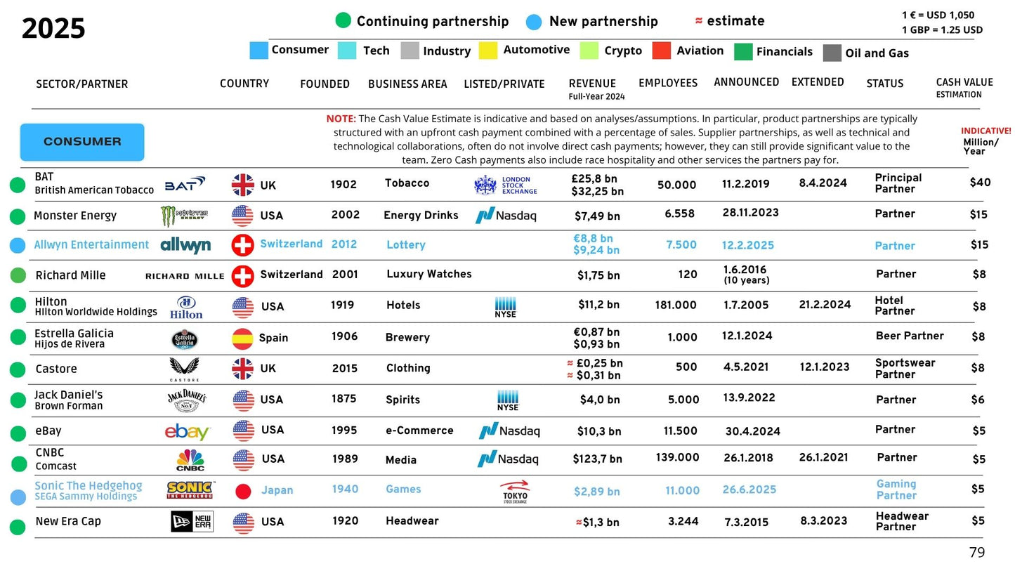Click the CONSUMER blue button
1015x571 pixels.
(x=82, y=142)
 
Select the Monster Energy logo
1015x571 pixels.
(x=184, y=216)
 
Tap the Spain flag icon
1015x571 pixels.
(x=242, y=339)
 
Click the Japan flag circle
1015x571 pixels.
(x=243, y=492)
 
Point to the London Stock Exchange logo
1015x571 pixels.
(x=506, y=185)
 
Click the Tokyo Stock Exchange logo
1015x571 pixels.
(x=515, y=492)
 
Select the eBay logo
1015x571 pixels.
(x=188, y=432)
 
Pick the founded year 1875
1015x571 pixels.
(x=344, y=399)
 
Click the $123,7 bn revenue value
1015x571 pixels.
(x=597, y=459)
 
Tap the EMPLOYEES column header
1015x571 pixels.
(x=668, y=83)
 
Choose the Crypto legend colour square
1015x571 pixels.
(x=589, y=51)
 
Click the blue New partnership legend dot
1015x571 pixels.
(x=534, y=22)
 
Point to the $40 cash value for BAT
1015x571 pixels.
(x=980, y=183)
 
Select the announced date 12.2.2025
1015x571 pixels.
(x=747, y=245)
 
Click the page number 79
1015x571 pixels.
(x=977, y=553)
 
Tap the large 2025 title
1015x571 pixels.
(x=53, y=29)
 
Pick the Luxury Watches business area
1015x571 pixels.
(x=429, y=274)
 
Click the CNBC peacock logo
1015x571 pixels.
(x=190, y=460)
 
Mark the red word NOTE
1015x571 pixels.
(x=341, y=119)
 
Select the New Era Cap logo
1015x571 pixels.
(x=192, y=522)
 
